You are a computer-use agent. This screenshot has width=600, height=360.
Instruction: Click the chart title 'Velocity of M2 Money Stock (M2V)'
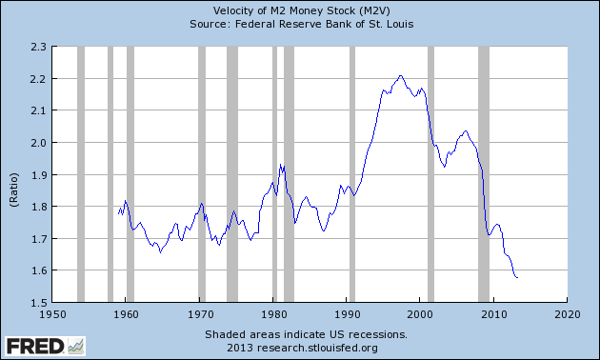299,10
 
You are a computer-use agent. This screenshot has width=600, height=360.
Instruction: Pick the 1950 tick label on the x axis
52,313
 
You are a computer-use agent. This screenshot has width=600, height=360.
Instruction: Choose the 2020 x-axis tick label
568,313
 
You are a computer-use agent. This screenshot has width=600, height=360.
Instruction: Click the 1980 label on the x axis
273,313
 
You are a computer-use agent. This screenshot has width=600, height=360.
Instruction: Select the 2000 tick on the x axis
421,313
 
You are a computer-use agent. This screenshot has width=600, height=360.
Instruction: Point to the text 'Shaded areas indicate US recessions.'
306,335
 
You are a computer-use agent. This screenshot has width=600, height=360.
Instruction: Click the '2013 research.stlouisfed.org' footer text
306,348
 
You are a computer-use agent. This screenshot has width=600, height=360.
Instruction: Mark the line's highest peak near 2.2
400,75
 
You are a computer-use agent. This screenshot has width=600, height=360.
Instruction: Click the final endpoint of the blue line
517,277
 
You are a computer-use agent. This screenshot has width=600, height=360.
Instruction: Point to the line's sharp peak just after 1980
281,164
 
